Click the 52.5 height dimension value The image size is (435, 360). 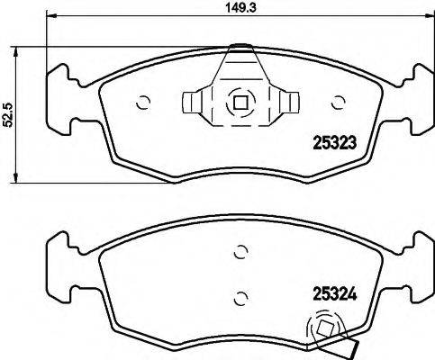[x=8, y=116]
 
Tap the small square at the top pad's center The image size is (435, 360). [x=240, y=102]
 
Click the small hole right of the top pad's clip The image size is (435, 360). [x=339, y=102]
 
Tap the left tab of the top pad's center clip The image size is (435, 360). [x=195, y=103]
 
